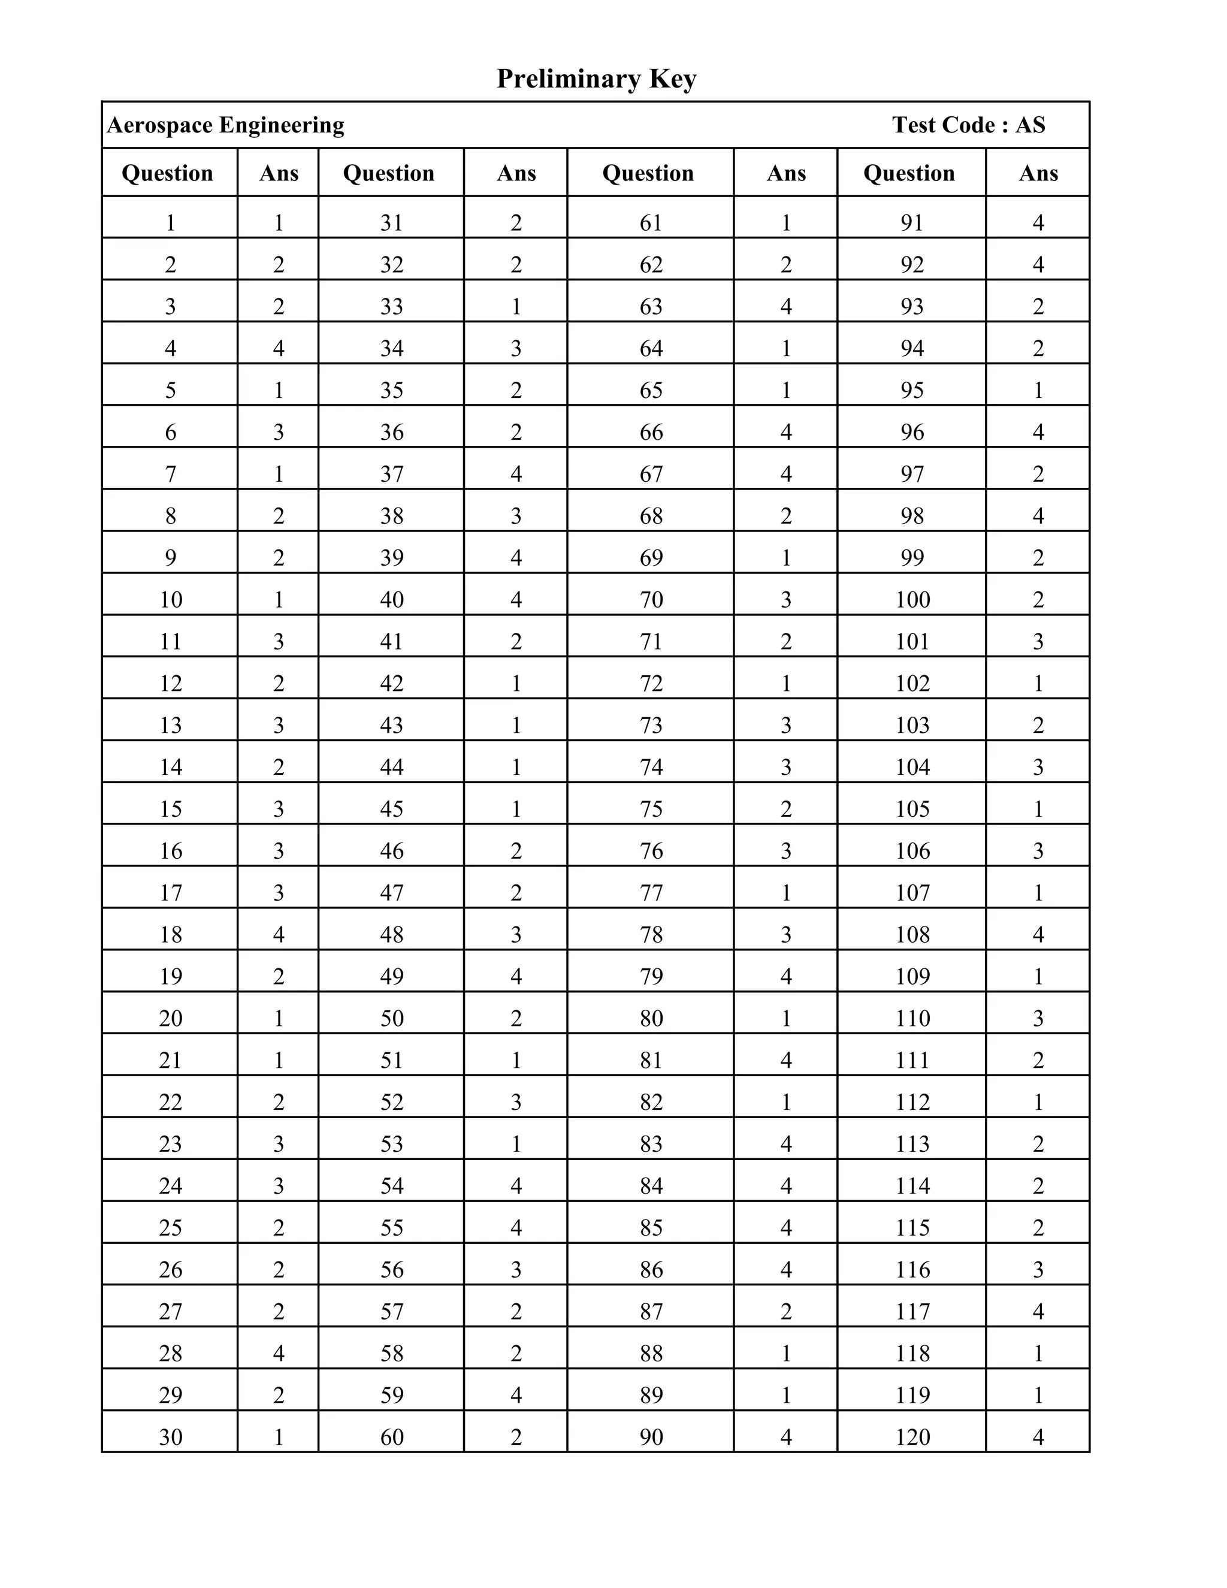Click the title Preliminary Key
pyautogui.click(x=596, y=79)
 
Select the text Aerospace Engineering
pyautogui.click(x=225, y=125)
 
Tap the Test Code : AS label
pyautogui.click(x=968, y=125)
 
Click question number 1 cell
pyautogui.click(x=170, y=222)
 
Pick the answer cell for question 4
pyautogui.click(x=279, y=348)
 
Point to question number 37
pyautogui.click(x=391, y=474)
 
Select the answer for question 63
pyautogui.click(x=786, y=306)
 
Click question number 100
pyautogui.click(x=912, y=600)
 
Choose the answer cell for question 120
pyautogui.click(x=1038, y=1438)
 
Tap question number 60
pyautogui.click(x=391, y=1438)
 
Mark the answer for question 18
pyautogui.click(x=279, y=935)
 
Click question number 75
pyautogui.click(x=651, y=809)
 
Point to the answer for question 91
pyautogui.click(x=1038, y=222)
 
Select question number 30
pyautogui.click(x=170, y=1438)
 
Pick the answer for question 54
pyautogui.click(x=516, y=1186)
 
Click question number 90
pyautogui.click(x=651, y=1438)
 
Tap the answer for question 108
pyautogui.click(x=1038, y=935)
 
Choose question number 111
pyautogui.click(x=912, y=1061)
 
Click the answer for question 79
pyautogui.click(x=786, y=977)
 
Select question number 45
pyautogui.click(x=391, y=809)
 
